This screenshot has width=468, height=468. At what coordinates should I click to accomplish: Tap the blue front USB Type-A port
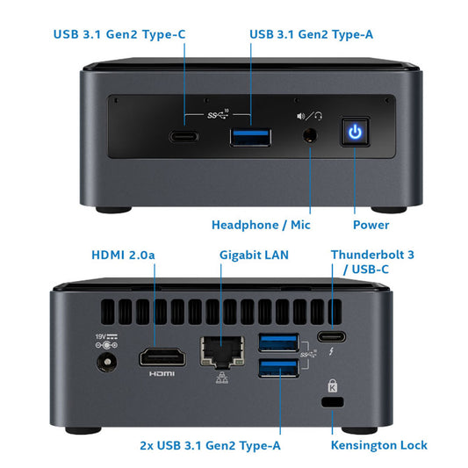(x=250, y=137)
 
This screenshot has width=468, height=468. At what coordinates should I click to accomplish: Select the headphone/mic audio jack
(x=311, y=136)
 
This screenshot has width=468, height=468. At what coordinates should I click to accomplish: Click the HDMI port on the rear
(x=162, y=356)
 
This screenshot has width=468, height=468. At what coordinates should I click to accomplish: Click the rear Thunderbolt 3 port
(x=332, y=336)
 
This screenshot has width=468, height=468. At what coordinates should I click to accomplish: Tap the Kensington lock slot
(x=332, y=402)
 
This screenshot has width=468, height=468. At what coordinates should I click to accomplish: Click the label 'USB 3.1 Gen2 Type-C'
(x=119, y=35)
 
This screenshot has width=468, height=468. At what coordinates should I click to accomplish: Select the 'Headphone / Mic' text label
(x=261, y=225)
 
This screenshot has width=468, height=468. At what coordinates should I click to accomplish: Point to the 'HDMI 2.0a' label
(x=124, y=255)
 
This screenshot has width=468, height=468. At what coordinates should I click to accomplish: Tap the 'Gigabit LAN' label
(x=254, y=255)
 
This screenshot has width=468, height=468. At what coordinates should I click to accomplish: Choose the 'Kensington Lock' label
(x=379, y=445)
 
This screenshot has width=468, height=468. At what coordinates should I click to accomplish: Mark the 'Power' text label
(x=371, y=225)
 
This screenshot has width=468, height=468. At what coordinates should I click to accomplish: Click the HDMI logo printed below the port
(x=162, y=373)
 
